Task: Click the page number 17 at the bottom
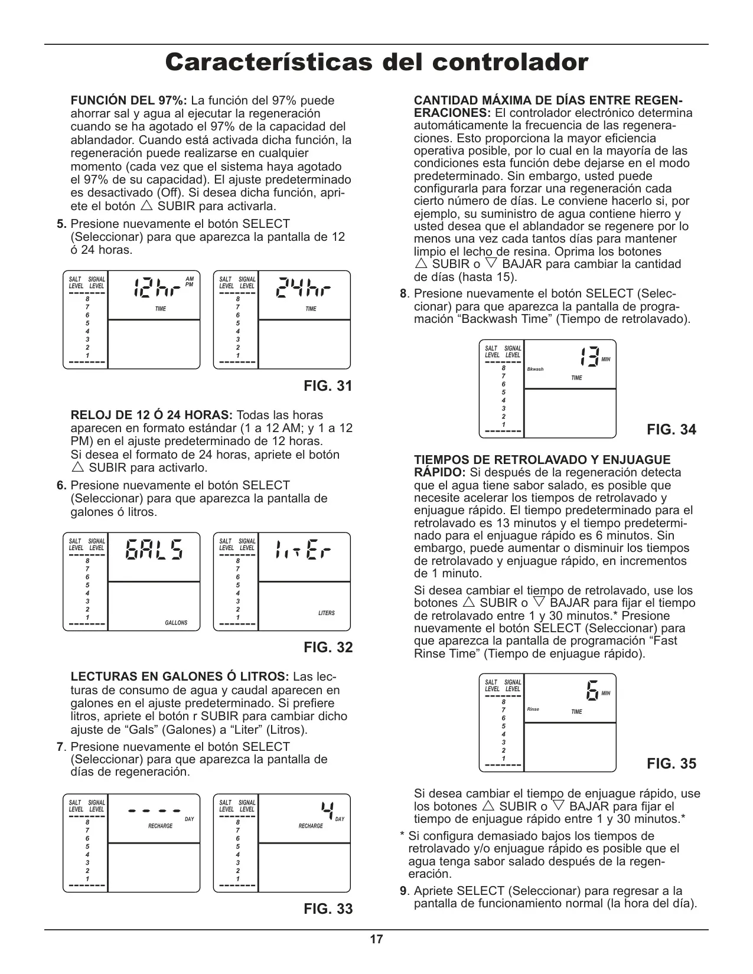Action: tap(376, 939)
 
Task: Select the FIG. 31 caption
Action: tap(328, 386)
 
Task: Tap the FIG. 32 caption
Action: tap(328, 647)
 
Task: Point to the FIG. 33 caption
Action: tap(328, 908)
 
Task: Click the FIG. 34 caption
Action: tap(671, 429)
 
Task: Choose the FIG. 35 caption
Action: tap(671, 763)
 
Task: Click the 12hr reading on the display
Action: tap(157, 288)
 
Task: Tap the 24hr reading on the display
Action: tap(304, 288)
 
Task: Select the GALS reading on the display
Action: tap(154, 550)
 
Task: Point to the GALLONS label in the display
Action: tap(176, 623)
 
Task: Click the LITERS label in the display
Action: tap(327, 613)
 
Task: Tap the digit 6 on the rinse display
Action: tap(592, 691)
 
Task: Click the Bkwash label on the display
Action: tap(535, 369)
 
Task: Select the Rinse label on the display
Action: tap(533, 709)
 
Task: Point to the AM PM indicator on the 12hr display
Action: tap(189, 281)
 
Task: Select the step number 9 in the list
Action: tap(403, 891)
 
